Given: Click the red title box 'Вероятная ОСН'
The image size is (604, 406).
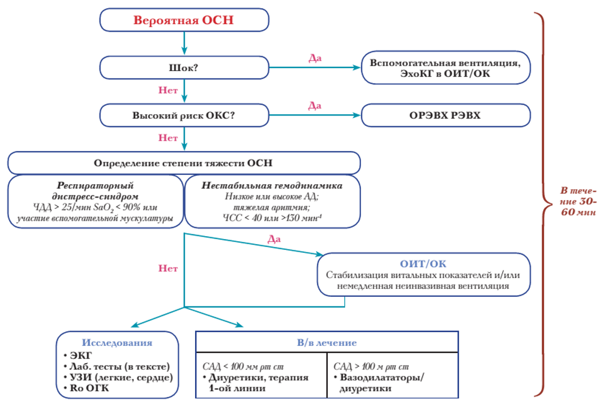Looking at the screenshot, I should pos(184,20).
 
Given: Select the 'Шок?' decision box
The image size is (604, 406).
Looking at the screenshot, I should pos(184,67).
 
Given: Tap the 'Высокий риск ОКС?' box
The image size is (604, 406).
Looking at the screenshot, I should pos(184,115).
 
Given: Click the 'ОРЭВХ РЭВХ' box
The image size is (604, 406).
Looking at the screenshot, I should pos(446,115).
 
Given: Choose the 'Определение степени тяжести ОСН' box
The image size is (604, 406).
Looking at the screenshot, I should pos(184,162).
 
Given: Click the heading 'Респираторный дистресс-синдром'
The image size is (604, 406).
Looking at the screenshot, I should pos(96,190).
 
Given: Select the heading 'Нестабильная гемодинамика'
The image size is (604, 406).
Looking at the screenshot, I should pos(272,185).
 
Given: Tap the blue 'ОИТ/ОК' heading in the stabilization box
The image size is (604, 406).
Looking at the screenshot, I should pos(423,264).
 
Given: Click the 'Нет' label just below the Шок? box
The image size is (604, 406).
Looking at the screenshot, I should pos(168,90).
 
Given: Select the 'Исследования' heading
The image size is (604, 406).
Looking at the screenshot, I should pos(117,343).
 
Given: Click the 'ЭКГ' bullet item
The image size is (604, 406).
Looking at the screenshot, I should pos(78,356).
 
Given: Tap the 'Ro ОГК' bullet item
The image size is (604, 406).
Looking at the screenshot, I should pos(87,388).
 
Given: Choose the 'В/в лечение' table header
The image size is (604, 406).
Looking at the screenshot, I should pos(327,343).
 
